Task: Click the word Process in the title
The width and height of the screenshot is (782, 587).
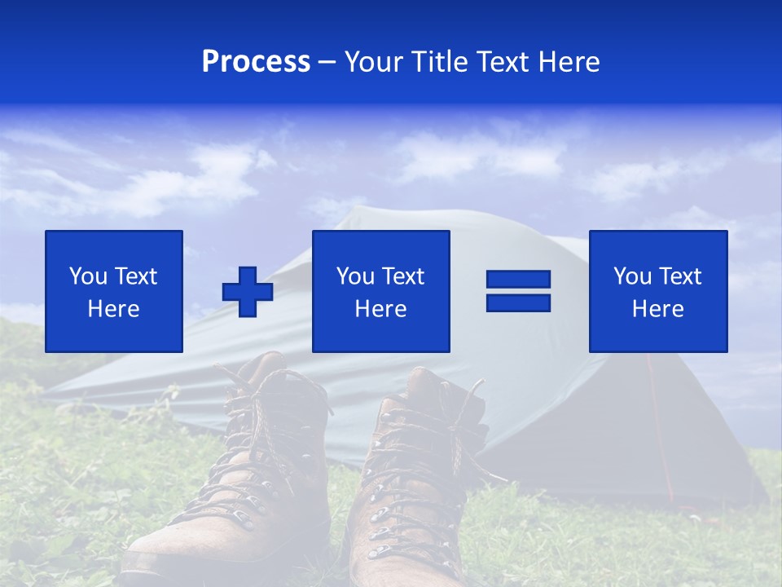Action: point(256,62)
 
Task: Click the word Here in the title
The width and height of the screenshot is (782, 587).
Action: point(568,62)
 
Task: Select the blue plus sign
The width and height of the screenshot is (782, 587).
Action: point(248,291)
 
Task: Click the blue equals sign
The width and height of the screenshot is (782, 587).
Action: point(518,291)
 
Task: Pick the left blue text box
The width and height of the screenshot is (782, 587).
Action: point(114,291)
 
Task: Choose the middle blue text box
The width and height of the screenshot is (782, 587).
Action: point(380,291)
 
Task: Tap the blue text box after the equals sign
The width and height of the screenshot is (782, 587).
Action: point(657,291)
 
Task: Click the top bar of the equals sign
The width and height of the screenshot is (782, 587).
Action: point(518,280)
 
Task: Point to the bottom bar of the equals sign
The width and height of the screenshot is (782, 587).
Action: point(518,302)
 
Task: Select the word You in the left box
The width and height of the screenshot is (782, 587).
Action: point(88,276)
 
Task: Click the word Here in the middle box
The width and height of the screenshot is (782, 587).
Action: point(380,309)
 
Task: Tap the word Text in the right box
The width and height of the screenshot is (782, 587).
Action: point(679,276)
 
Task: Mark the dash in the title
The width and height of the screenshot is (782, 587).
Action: point(327,62)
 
